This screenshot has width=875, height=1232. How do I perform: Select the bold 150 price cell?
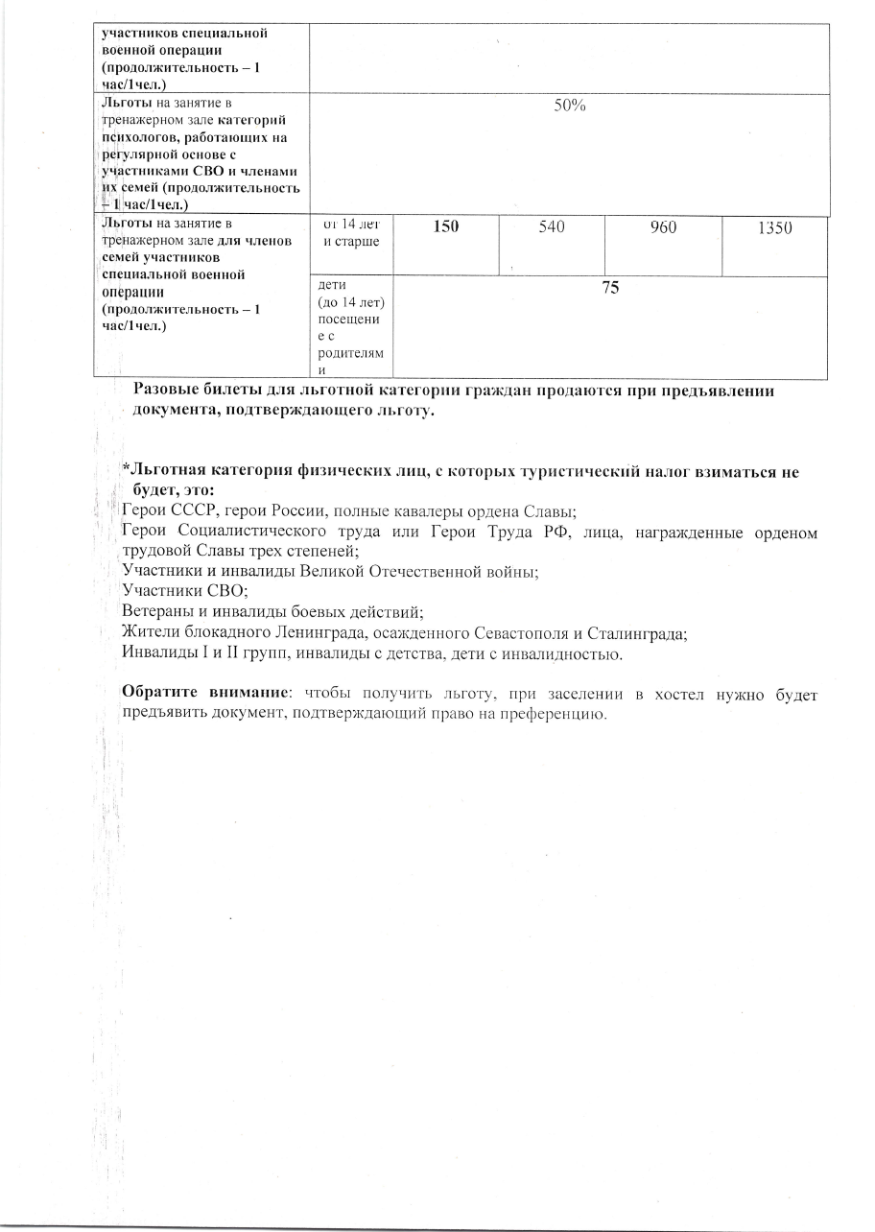tap(446, 227)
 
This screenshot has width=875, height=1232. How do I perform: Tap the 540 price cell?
tap(552, 227)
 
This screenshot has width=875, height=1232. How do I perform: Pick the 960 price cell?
tap(663, 227)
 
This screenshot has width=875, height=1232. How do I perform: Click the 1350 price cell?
tap(774, 227)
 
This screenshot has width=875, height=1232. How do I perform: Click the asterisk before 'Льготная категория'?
tap(125, 468)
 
